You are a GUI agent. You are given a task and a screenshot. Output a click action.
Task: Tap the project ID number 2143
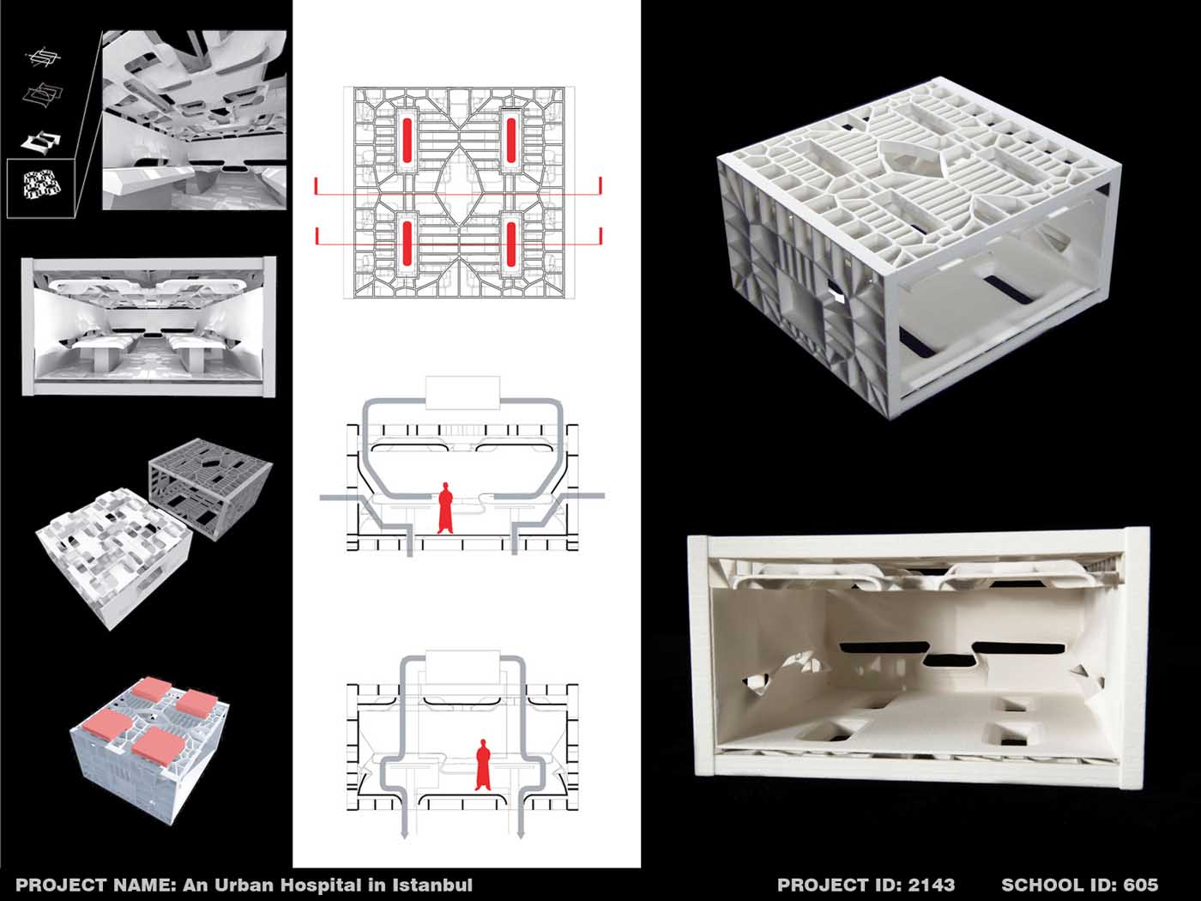(932, 885)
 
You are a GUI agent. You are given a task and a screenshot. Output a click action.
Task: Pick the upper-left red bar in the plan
(407, 141)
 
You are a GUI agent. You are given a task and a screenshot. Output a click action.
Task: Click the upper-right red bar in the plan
(511, 141)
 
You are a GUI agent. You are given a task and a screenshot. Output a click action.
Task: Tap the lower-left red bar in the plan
(407, 244)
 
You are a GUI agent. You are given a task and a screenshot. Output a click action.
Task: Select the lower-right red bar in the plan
(511, 244)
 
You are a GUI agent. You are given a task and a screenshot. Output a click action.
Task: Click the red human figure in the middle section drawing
(445, 508)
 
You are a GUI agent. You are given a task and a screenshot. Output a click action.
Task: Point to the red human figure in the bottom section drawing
(483, 765)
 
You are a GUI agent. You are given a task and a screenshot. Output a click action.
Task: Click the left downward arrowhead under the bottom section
(404, 834)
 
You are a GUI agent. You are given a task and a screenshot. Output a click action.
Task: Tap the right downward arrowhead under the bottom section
(521, 834)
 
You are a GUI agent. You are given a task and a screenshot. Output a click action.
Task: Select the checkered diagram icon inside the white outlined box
(42, 184)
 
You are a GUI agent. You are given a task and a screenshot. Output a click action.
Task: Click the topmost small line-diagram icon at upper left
(44, 57)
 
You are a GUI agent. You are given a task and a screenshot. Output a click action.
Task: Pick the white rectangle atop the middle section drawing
(462, 393)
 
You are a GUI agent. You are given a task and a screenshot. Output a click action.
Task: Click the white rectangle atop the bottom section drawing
(463, 667)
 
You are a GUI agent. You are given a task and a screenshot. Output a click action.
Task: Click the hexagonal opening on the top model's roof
(912, 153)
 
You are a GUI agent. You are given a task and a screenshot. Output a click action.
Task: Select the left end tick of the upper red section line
(316, 186)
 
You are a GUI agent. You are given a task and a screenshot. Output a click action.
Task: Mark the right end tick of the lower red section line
(600, 236)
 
